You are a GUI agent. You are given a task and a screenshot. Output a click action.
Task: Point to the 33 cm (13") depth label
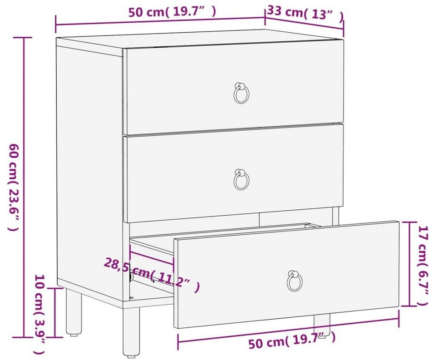click(x=305, y=13)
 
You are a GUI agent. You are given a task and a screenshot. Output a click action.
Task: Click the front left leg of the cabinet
click(x=131, y=331)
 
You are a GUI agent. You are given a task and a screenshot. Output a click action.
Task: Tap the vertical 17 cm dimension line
click(x=408, y=264)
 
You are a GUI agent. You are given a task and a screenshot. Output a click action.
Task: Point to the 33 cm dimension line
click(x=304, y=23)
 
